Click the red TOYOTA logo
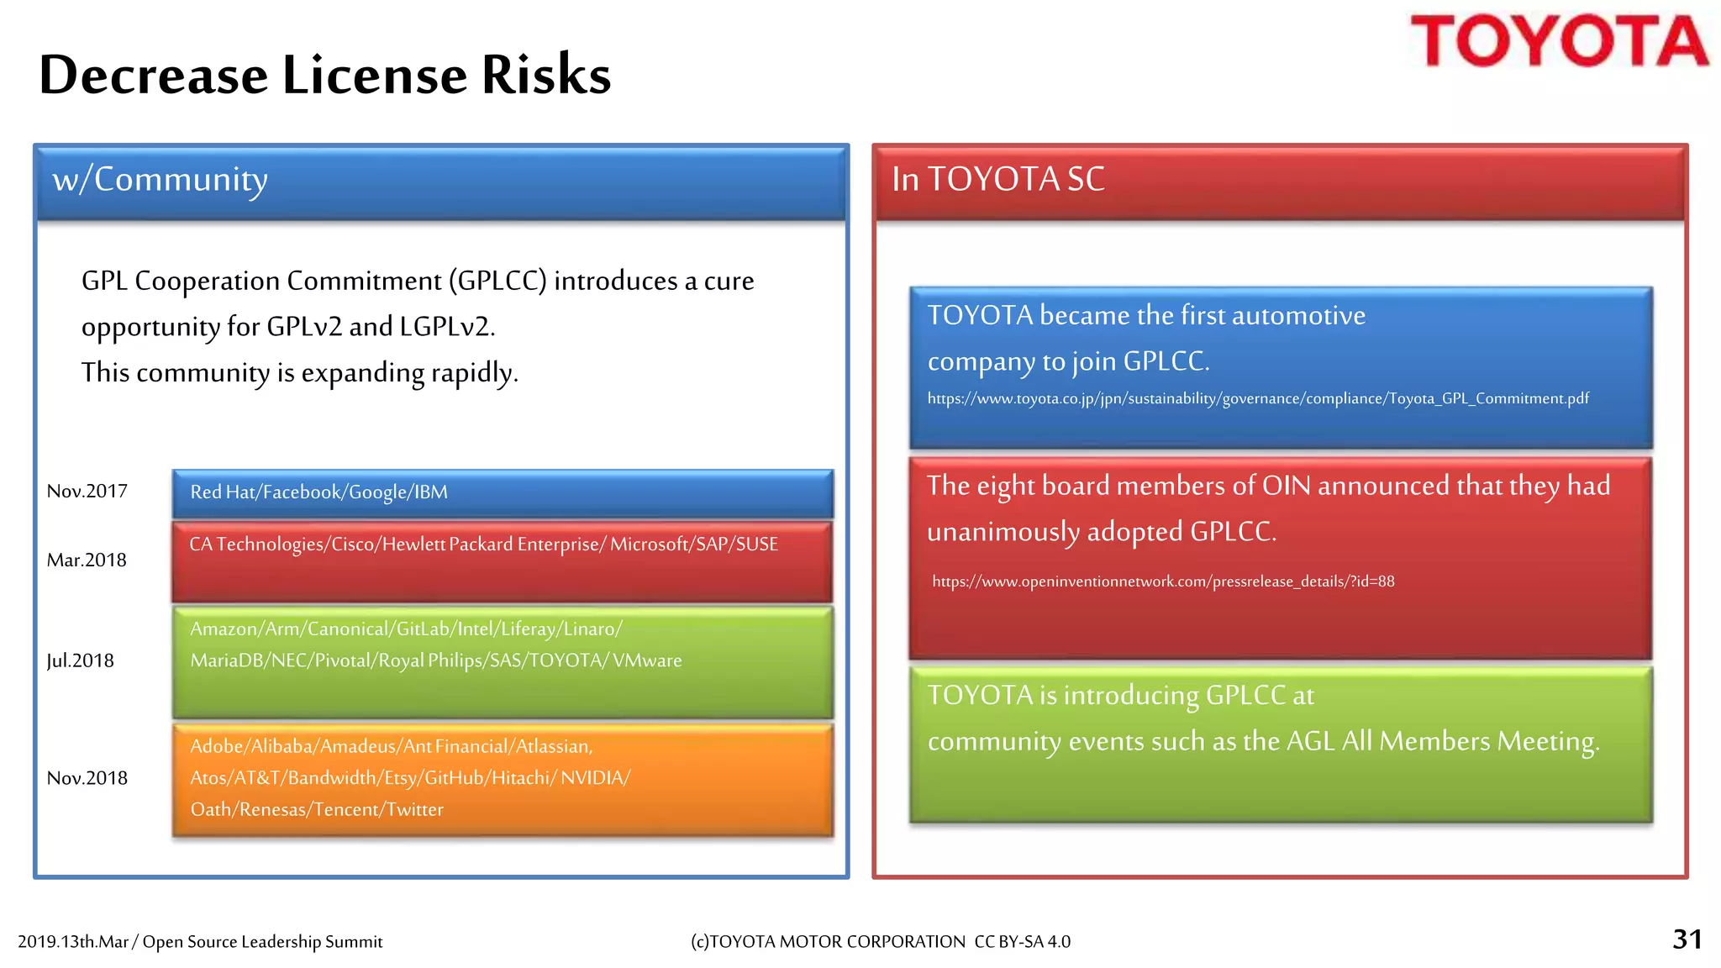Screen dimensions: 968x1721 pyautogui.click(x=1559, y=41)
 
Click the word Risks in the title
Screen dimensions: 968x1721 pyautogui.click(x=545, y=75)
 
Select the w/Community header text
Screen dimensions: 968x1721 pyautogui.click(x=160, y=179)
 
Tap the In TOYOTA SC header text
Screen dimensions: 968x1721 pyautogui.click(x=997, y=179)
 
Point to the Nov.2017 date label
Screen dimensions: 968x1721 pyautogui.click(x=87, y=492)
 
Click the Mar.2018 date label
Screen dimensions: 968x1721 pyautogui.click(x=86, y=560)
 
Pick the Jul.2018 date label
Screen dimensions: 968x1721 pyautogui.click(x=80, y=661)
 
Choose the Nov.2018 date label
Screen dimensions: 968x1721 pyautogui.click(x=87, y=778)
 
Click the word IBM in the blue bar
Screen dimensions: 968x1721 pyautogui.click(x=430, y=492)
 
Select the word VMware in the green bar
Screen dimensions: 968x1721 pyautogui.click(x=647, y=660)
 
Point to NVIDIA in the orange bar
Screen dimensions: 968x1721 pyautogui.click(x=594, y=778)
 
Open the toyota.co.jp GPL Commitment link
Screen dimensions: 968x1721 pyautogui.click(x=1257, y=398)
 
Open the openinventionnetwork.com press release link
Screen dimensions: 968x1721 pyautogui.click(x=1163, y=581)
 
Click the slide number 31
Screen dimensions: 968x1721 pyautogui.click(x=1687, y=939)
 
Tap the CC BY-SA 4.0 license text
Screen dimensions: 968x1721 pyautogui.click(x=1022, y=942)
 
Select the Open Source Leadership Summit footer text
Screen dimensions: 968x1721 pyautogui.click(x=262, y=942)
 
